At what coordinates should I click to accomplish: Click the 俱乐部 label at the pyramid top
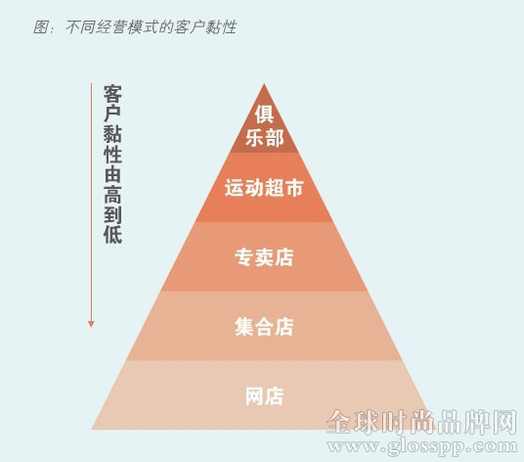tap(264, 125)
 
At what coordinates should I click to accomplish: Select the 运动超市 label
tap(264, 188)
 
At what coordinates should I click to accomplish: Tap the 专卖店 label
tap(264, 256)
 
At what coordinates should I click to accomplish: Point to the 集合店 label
tap(264, 327)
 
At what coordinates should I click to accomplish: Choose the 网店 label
tap(264, 396)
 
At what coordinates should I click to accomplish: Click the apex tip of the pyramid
tap(264, 83)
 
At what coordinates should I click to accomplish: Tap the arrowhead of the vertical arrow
tap(91, 324)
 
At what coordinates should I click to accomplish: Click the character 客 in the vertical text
tap(112, 94)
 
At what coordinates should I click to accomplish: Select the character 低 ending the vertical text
tap(112, 234)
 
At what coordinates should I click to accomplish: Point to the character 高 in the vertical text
tap(112, 195)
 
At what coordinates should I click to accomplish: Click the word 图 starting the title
tap(41, 26)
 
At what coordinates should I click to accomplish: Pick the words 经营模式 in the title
tap(127, 26)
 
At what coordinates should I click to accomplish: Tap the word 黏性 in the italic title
tap(221, 26)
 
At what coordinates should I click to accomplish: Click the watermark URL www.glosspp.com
tap(422, 447)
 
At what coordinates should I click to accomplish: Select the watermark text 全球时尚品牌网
tap(422, 422)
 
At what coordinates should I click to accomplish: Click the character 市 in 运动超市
tap(294, 188)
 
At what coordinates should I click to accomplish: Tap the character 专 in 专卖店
tap(244, 256)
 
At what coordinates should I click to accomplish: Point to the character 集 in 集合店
tap(244, 327)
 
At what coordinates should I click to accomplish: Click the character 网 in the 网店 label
tap(254, 396)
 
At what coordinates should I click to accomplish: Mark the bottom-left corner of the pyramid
tap(92, 429)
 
